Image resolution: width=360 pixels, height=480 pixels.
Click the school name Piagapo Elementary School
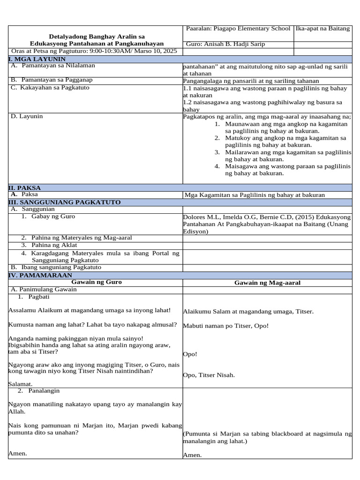(x=251, y=29)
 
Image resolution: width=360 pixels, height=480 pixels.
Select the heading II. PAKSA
(x=25, y=187)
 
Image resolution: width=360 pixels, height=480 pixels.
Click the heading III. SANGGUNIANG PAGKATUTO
(x=64, y=202)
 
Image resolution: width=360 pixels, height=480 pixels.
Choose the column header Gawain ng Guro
(x=96, y=282)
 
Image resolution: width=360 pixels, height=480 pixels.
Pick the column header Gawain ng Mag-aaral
(x=267, y=283)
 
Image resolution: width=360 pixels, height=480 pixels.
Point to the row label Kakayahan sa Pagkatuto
(x=55, y=88)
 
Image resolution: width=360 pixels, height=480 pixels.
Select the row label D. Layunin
(x=23, y=116)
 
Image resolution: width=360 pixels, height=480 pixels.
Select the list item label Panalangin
(x=44, y=390)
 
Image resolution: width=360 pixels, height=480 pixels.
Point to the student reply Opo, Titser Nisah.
(x=209, y=375)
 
